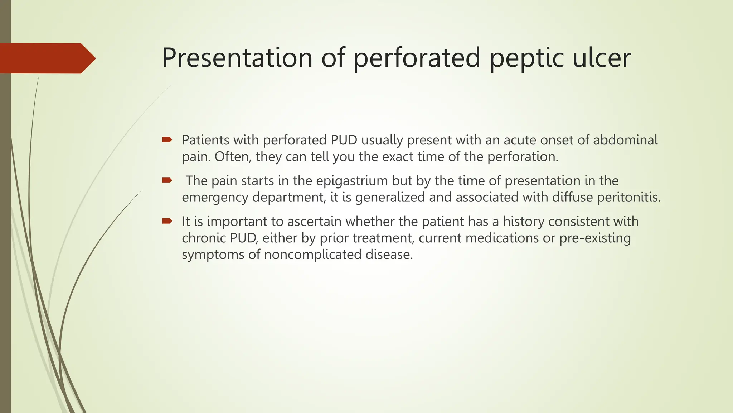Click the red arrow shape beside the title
(47, 58)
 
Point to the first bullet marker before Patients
(167, 139)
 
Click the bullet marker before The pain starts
(167, 180)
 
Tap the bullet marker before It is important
(167, 221)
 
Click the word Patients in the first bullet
(206, 140)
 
